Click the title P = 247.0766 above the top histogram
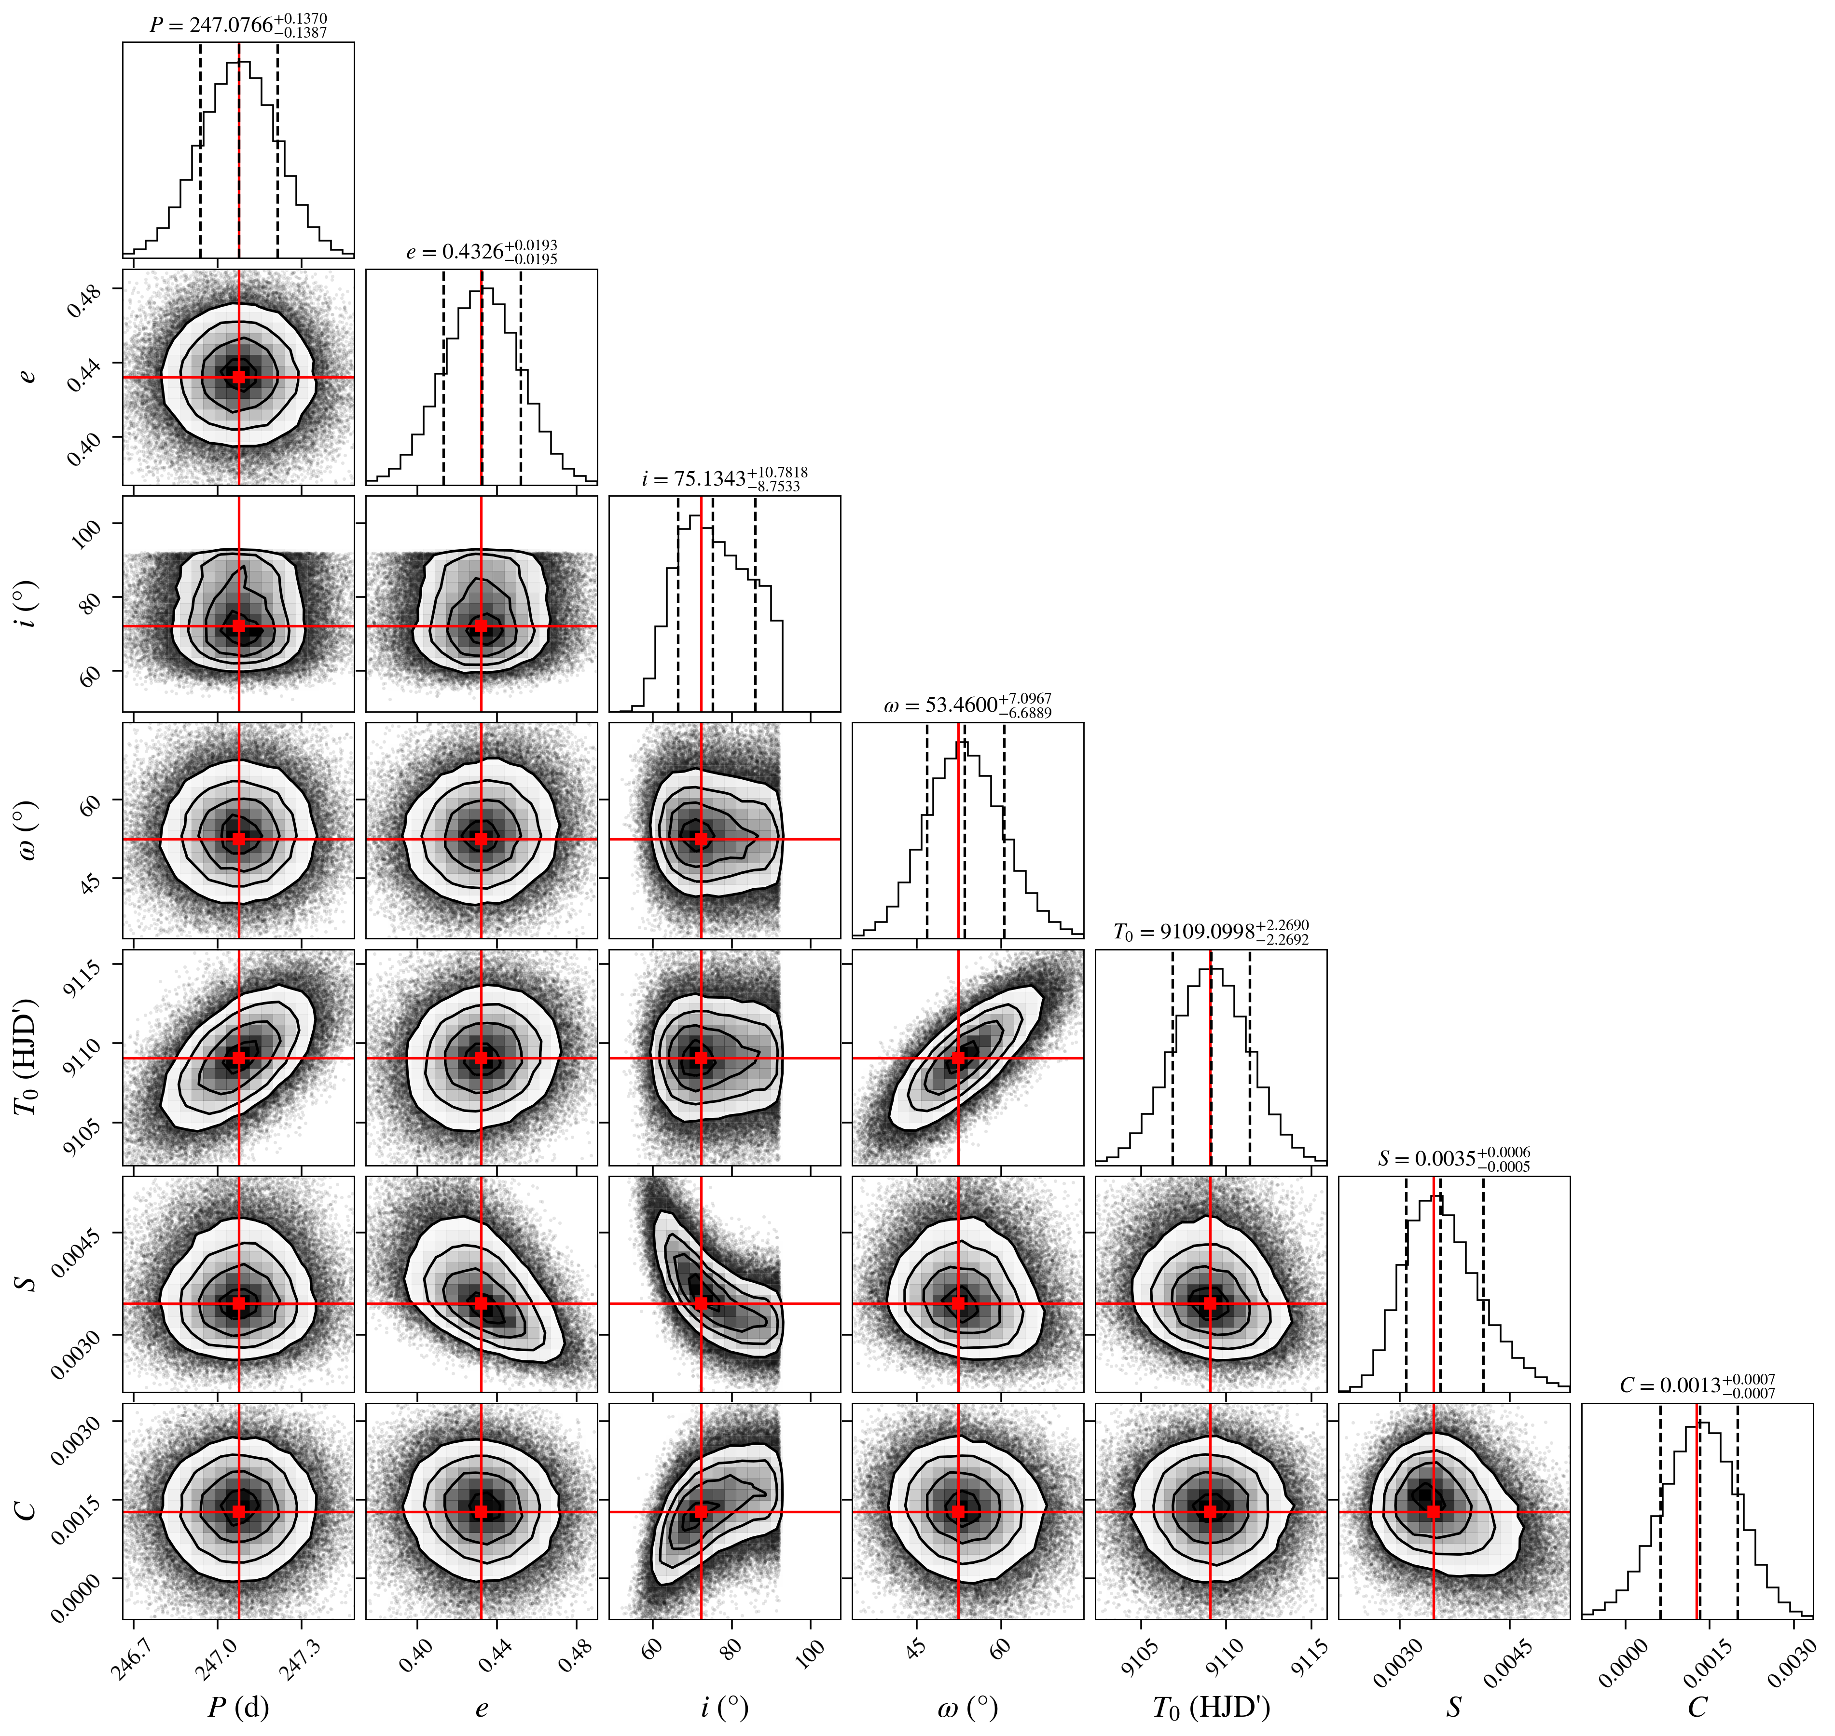click(239, 25)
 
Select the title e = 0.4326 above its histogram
click(482, 252)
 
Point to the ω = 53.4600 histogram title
click(967, 705)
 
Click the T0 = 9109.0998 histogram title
click(1211, 932)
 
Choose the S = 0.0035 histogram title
click(1453, 1159)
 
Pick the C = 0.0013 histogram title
click(1697, 1385)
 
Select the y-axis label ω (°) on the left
click(28, 830)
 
